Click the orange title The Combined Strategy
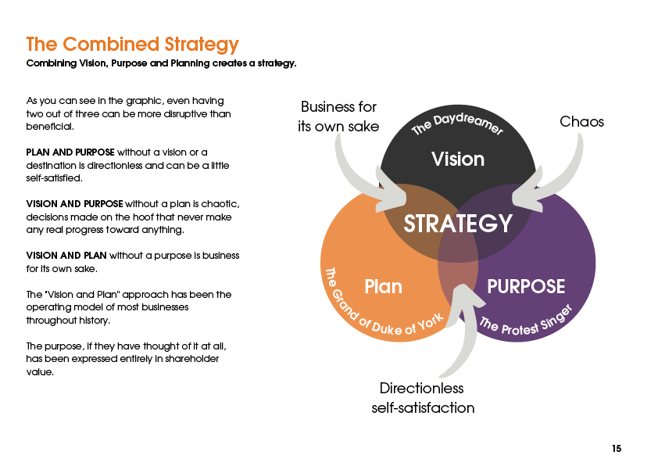(132, 44)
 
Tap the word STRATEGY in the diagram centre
(458, 224)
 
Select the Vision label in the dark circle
(458, 160)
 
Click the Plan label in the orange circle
(383, 287)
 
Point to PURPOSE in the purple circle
(526, 287)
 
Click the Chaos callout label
(582, 122)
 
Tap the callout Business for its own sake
(338, 116)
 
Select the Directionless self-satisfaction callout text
(422, 398)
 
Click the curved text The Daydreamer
(458, 127)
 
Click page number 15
(617, 449)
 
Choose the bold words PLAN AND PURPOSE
(70, 151)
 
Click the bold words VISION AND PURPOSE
(74, 204)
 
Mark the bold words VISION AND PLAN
(66, 256)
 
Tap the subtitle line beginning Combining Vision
(161, 63)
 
